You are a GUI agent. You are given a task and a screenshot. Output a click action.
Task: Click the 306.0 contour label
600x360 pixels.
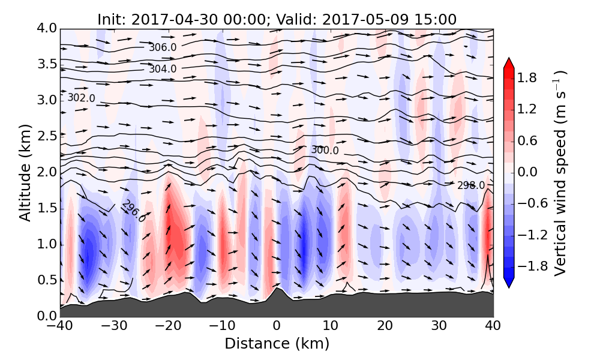(163, 47)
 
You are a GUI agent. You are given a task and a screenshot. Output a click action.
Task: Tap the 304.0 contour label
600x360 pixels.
(163, 69)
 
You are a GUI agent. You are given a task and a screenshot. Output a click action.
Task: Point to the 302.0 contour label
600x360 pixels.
(81, 98)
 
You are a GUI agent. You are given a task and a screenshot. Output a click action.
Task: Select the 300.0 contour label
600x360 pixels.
(325, 150)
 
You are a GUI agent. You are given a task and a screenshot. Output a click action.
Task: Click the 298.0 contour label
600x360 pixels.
(471, 185)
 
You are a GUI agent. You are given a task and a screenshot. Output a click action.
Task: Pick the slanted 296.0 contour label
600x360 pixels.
(133, 211)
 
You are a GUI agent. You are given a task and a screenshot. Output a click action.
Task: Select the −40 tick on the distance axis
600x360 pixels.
(60, 326)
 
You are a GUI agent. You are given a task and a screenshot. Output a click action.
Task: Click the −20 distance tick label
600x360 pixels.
(168, 326)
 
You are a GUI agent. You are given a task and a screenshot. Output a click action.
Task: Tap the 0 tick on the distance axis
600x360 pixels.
(277, 326)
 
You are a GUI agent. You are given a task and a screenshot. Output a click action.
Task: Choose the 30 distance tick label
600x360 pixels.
(439, 326)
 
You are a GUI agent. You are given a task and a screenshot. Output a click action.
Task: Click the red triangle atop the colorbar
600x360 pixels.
(509, 62)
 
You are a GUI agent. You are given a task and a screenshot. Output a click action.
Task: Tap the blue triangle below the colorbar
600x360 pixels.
(509, 283)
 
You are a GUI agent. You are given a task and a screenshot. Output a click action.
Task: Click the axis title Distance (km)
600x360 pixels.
(277, 344)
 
